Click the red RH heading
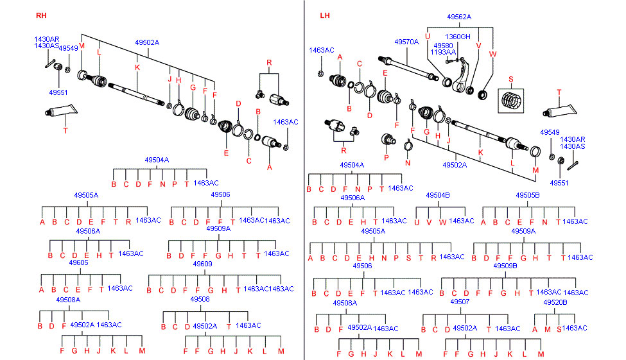point(41,15)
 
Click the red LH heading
point(325,15)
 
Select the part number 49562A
point(458,17)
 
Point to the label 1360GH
point(458,37)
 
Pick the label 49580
point(443,46)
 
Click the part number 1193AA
point(444,53)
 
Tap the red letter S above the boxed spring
point(511,80)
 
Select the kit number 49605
point(78,263)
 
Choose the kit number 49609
point(202,264)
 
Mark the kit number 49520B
point(555,302)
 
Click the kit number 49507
point(460,302)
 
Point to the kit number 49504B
point(438,195)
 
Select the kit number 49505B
point(528,195)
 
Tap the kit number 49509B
point(505,266)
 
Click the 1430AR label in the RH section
point(46,39)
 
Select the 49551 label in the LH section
point(559,183)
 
